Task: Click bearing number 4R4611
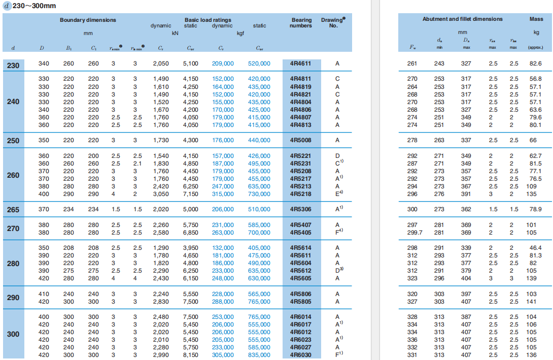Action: tap(301, 64)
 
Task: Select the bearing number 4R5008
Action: tap(301, 140)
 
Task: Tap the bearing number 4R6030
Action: tap(301, 355)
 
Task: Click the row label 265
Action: tap(13, 210)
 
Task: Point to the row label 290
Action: tap(13, 298)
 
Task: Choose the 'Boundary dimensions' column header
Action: tap(88, 20)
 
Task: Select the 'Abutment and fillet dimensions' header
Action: tap(462, 19)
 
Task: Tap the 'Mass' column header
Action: tap(536, 19)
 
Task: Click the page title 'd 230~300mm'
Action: tap(30, 6)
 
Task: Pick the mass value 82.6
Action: tap(535, 64)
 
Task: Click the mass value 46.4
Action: tap(535, 248)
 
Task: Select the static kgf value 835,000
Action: tap(259, 355)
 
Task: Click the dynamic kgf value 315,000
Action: tap(223, 194)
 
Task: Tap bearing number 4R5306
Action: tap(301, 209)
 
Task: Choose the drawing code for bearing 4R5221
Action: tap(337, 156)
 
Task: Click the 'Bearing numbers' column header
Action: tap(301, 23)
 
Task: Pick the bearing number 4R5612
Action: tap(301, 271)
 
